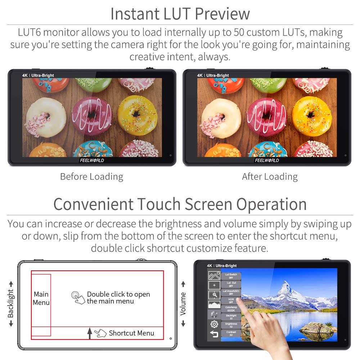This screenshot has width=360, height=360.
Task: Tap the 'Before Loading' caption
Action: [x=91, y=177]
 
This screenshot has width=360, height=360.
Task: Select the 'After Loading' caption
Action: [x=270, y=177]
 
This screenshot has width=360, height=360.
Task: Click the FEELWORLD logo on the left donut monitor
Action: [x=92, y=160]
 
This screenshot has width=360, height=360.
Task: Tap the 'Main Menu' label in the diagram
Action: [x=41, y=298]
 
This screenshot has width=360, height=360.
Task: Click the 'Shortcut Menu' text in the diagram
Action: [x=131, y=333]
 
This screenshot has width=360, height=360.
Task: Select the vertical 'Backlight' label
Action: [x=11, y=304]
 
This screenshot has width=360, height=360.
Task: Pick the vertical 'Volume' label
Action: [x=183, y=304]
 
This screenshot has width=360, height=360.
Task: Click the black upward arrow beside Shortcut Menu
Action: [x=90, y=334]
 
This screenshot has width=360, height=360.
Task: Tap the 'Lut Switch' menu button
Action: [x=231, y=276]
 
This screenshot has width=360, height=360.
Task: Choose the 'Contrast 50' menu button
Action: [x=231, y=333]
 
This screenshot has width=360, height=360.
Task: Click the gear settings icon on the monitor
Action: [x=214, y=324]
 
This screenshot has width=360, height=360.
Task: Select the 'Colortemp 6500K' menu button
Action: [x=231, y=309]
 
